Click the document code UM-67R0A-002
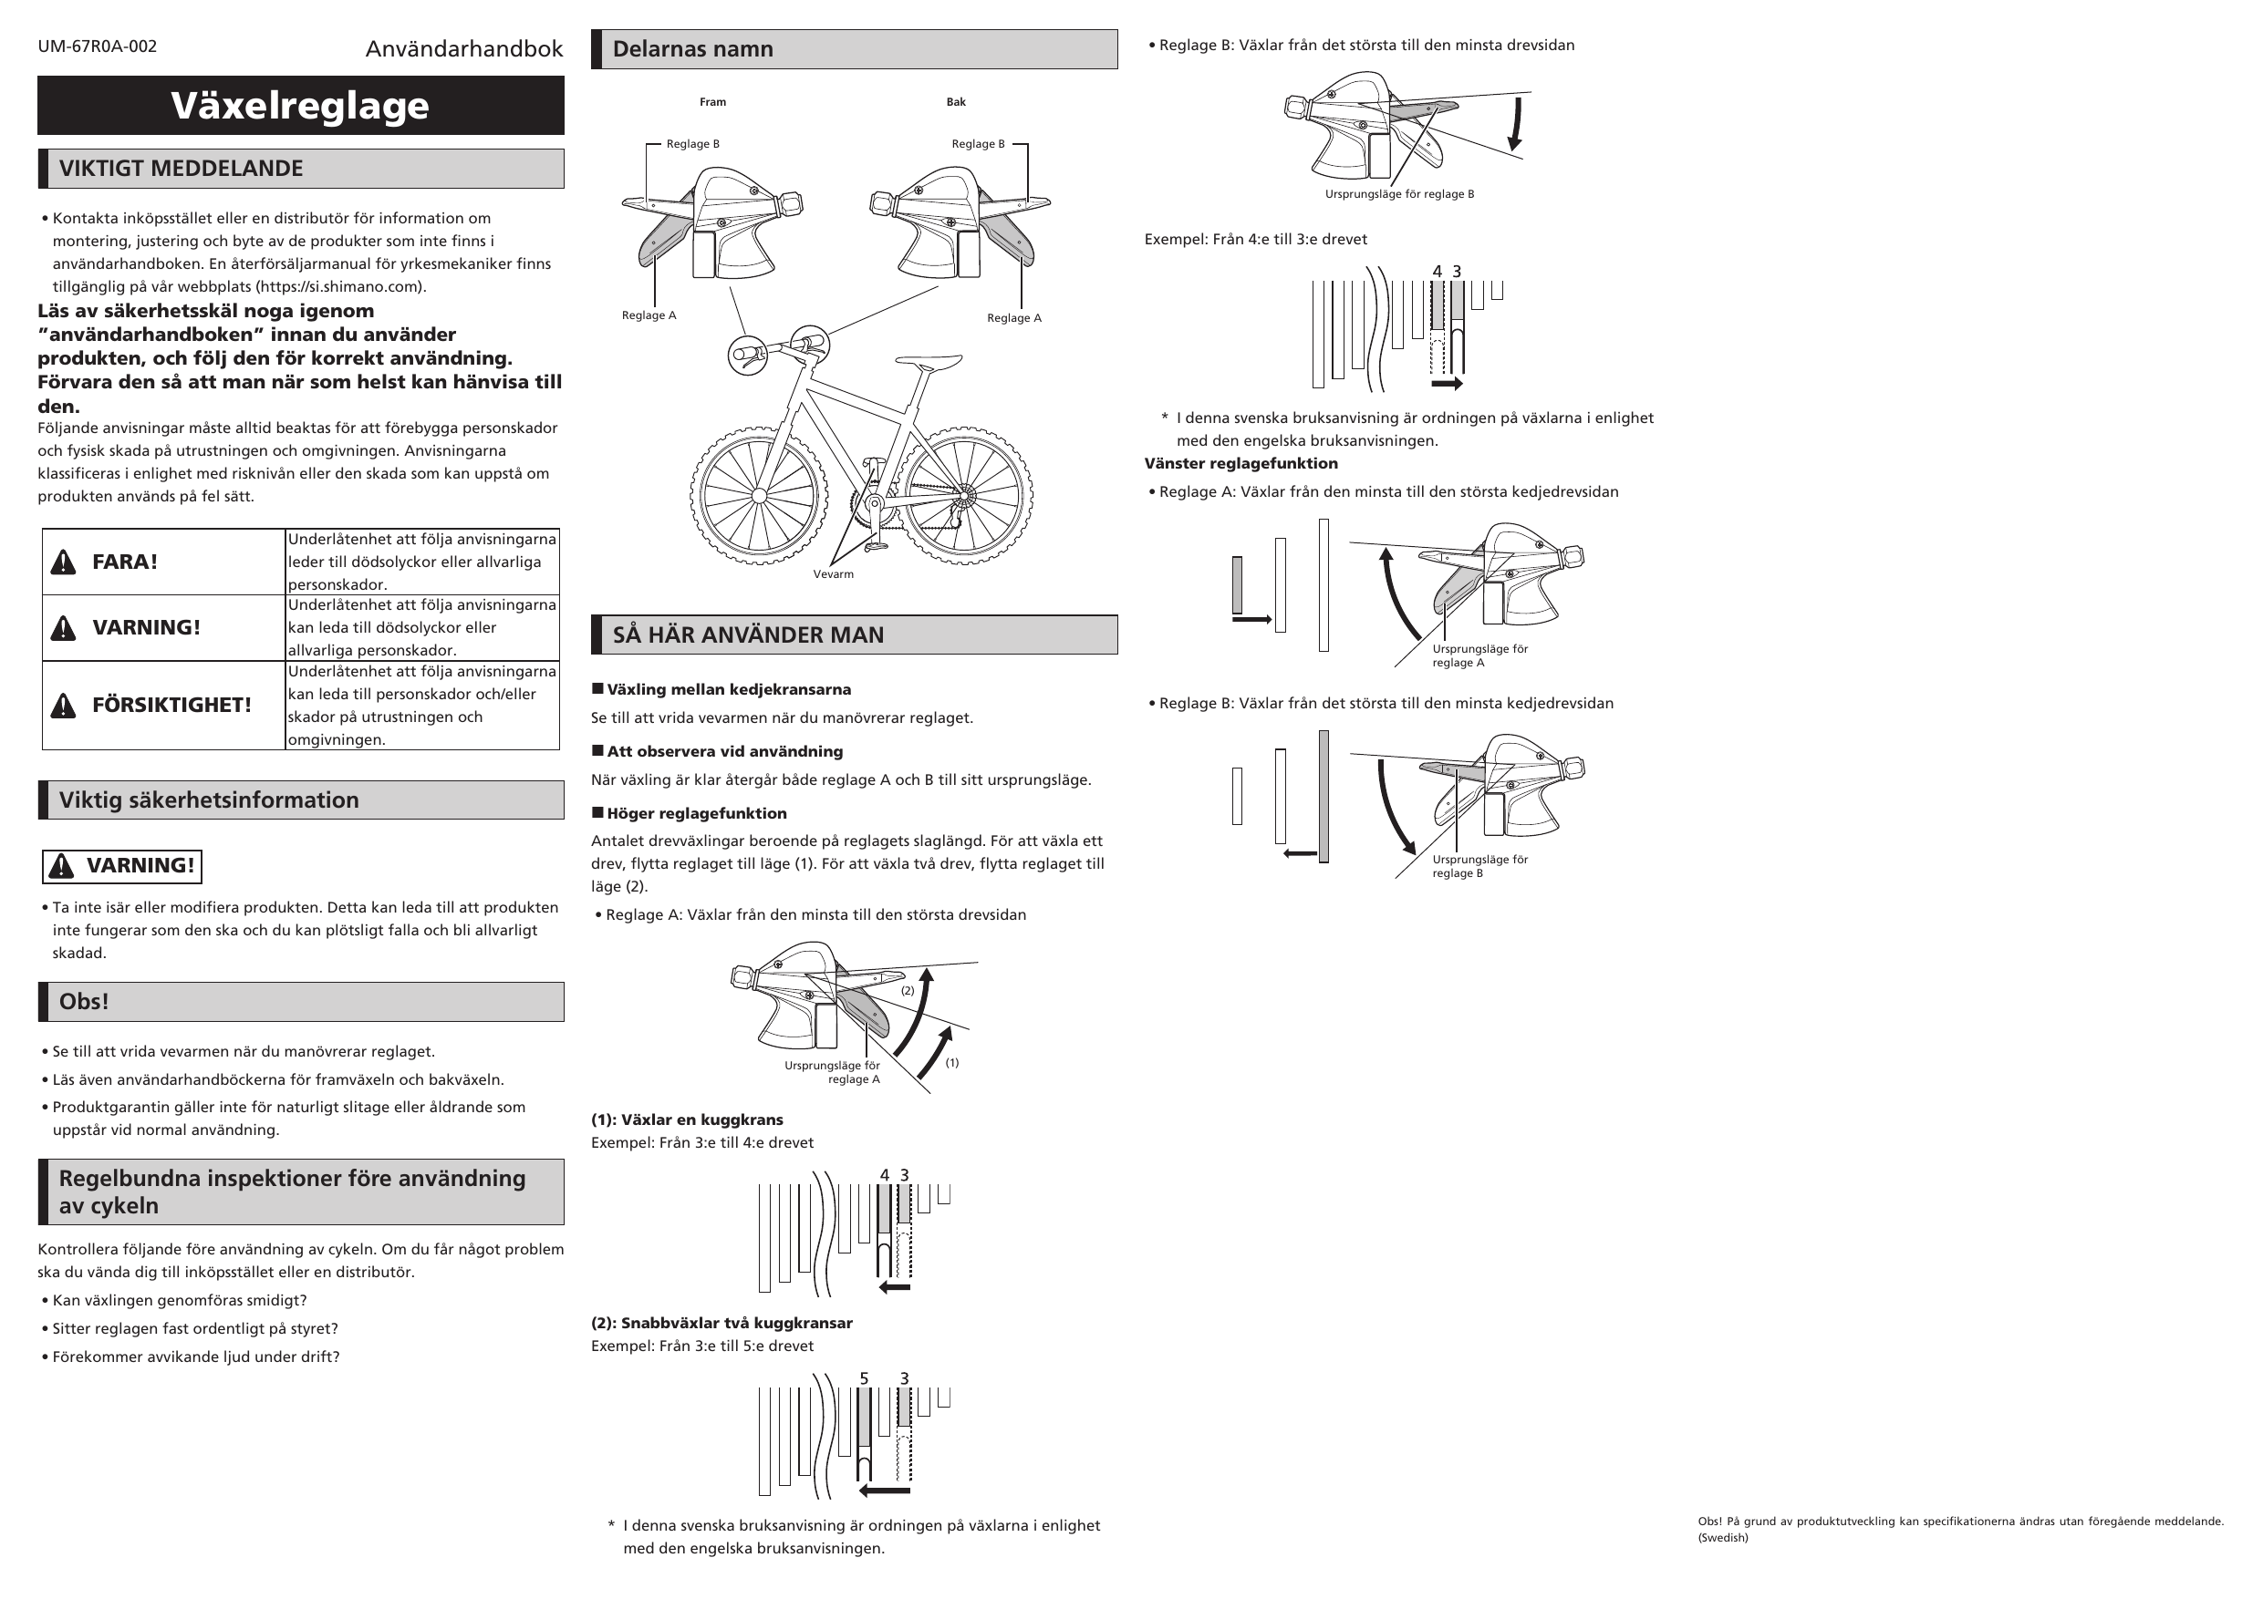point(97,46)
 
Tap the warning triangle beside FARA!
point(63,562)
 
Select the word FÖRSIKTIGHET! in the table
point(171,706)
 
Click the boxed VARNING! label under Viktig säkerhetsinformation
point(122,866)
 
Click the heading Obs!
point(84,1002)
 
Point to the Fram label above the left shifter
point(712,102)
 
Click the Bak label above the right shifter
point(955,102)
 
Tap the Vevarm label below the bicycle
point(833,574)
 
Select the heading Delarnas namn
point(692,49)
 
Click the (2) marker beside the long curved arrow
point(908,991)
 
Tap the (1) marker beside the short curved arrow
point(952,1063)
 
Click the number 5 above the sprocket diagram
point(865,1379)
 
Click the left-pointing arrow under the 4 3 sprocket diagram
point(895,1286)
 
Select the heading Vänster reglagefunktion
point(1240,464)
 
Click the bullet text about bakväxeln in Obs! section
point(278,1079)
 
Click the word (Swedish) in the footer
point(1722,1538)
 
